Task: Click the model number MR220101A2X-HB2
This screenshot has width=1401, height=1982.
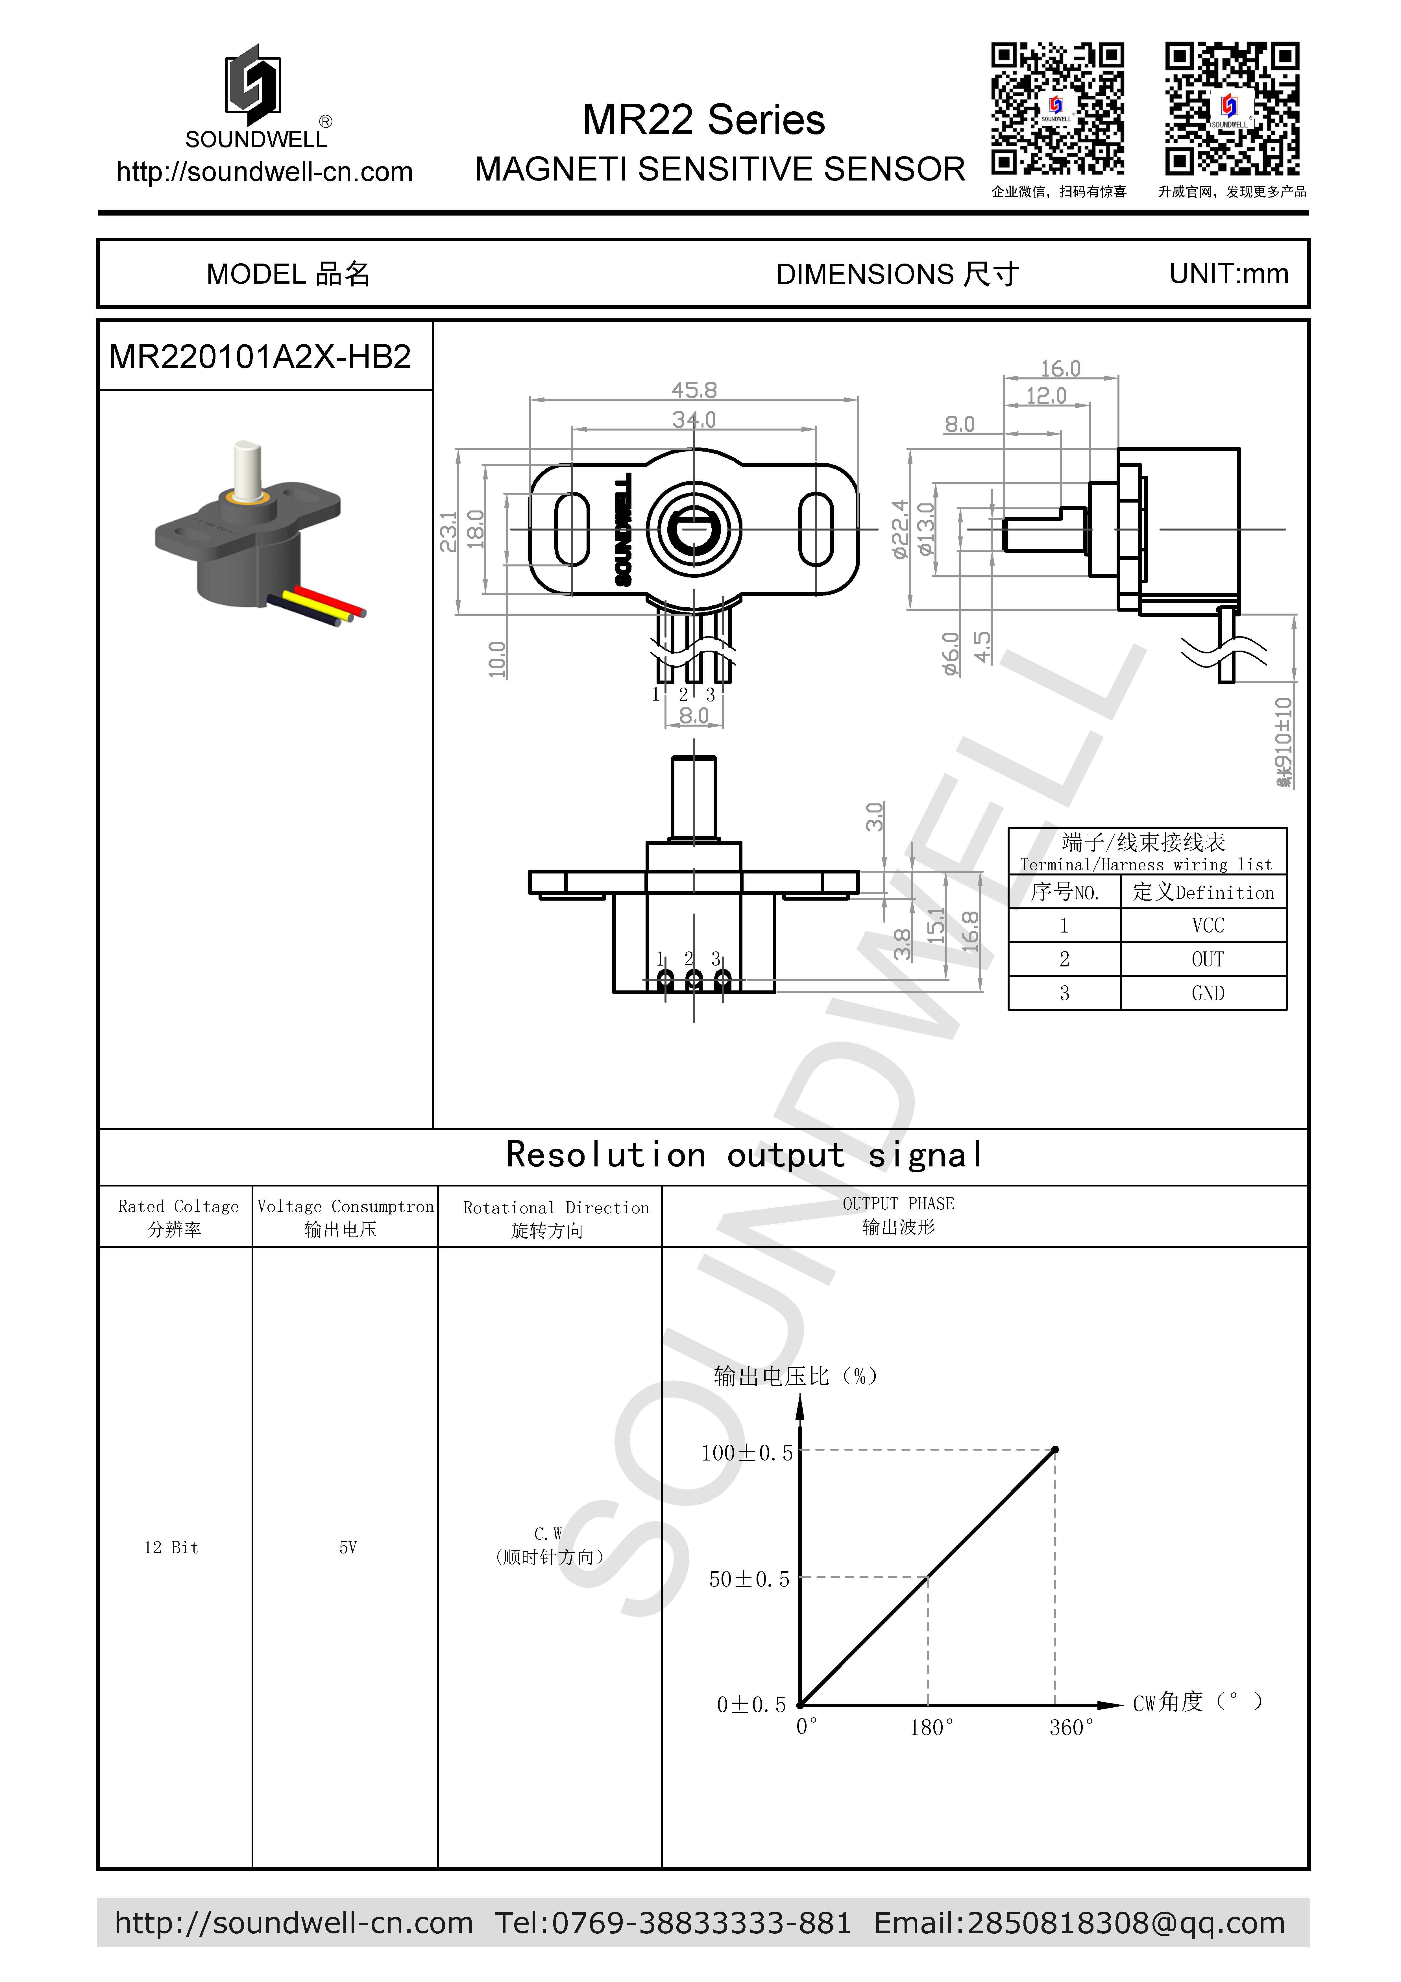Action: [260, 357]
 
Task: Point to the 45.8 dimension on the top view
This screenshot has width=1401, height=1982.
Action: [694, 390]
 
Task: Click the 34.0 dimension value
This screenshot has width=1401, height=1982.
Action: [694, 420]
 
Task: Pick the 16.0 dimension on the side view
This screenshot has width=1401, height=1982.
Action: [1060, 369]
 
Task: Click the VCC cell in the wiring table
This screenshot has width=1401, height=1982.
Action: [1208, 925]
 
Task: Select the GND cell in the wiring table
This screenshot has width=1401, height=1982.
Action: [1208, 994]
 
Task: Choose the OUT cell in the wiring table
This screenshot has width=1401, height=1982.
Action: [1208, 959]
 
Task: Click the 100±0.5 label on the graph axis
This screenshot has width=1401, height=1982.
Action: [747, 1453]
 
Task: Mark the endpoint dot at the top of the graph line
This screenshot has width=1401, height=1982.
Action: [1055, 1449]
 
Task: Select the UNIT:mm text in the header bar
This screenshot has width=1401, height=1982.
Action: [1228, 274]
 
